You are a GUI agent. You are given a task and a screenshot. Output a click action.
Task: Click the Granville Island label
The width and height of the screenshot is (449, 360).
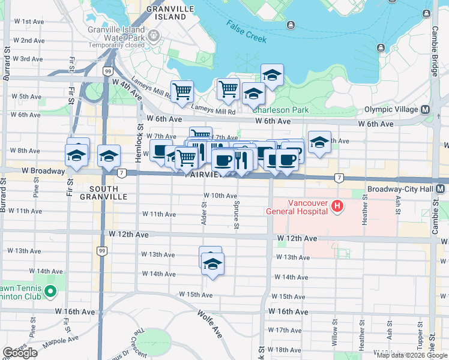click(x=166, y=13)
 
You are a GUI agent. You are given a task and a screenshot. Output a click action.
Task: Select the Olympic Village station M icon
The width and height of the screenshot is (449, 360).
click(x=426, y=110)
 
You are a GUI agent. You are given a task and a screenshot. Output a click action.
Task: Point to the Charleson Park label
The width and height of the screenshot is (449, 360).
click(x=280, y=110)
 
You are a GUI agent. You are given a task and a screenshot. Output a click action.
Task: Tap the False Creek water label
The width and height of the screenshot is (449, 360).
click(x=247, y=32)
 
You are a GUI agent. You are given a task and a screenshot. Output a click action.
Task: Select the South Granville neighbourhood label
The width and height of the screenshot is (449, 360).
click(x=103, y=192)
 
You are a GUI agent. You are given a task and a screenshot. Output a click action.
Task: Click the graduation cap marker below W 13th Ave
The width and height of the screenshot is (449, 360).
click(x=212, y=264)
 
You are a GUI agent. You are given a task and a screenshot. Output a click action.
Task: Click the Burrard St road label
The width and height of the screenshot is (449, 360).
click(x=7, y=59)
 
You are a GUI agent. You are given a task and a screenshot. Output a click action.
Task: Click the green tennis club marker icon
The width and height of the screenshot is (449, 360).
click(x=50, y=292)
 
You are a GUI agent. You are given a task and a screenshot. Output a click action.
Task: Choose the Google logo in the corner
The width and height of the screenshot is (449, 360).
click(x=20, y=353)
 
